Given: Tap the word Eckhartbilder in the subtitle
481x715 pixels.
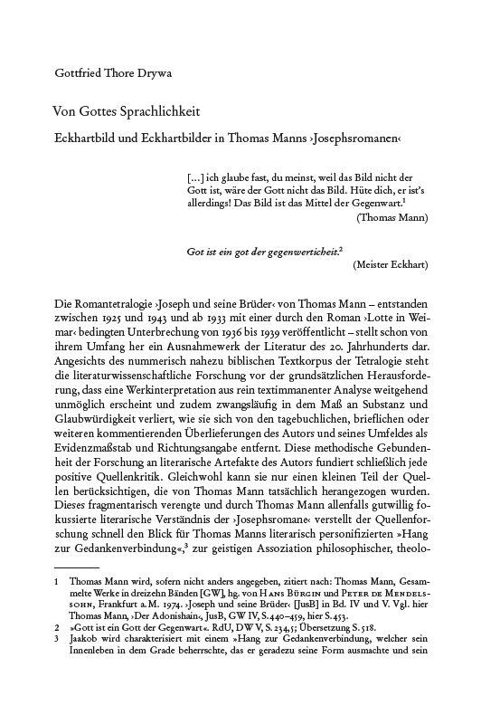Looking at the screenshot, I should click(186, 138).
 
